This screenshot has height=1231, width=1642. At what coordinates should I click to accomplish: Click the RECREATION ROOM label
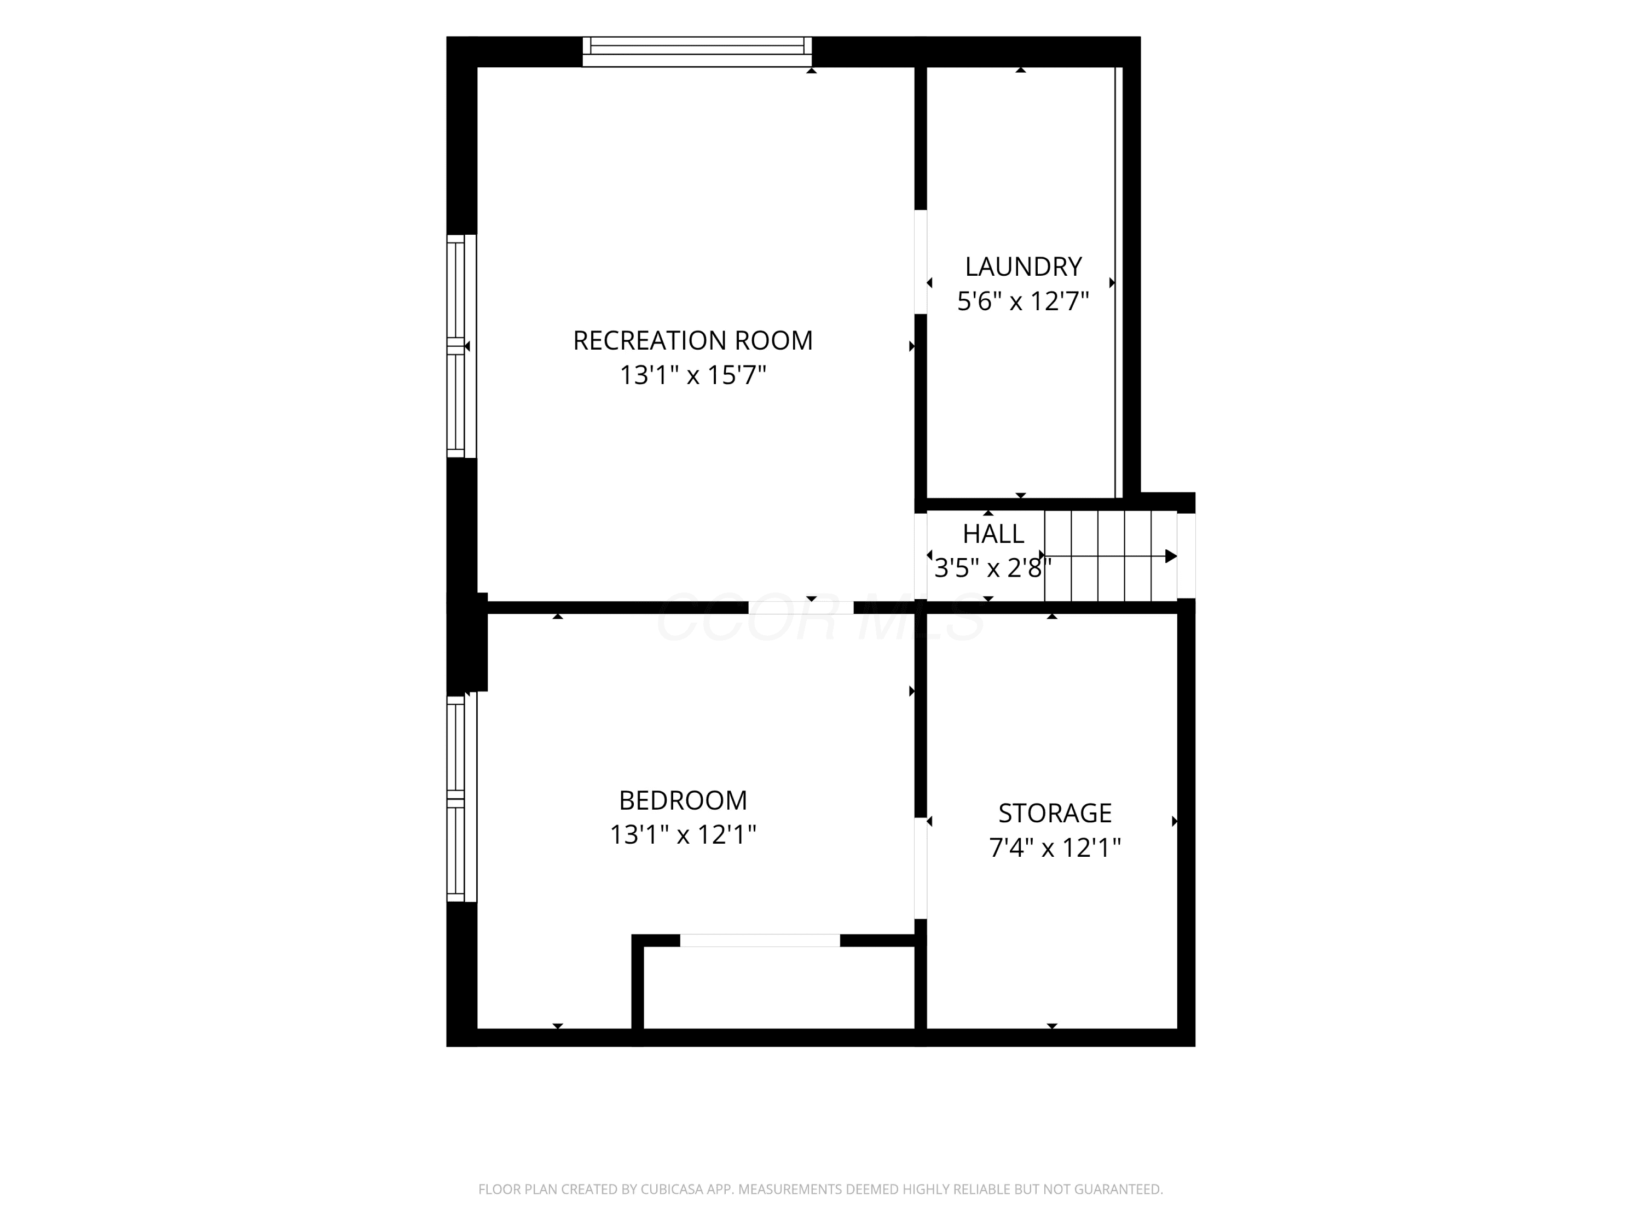click(692, 341)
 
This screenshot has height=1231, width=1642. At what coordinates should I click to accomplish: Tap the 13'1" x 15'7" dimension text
click(692, 375)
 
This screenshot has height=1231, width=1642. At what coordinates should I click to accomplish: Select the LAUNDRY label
click(1023, 266)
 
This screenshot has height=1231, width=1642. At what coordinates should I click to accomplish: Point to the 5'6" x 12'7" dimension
click(1023, 301)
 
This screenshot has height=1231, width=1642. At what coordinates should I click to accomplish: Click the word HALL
click(993, 533)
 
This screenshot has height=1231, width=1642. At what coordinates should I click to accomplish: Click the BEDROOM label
click(683, 800)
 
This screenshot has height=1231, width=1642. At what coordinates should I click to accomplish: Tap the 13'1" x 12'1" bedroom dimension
click(683, 835)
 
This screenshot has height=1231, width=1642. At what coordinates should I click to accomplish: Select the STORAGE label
click(1055, 813)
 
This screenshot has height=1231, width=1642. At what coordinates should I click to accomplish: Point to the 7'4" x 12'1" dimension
click(1055, 847)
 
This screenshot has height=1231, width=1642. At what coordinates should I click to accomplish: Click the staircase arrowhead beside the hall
click(1171, 556)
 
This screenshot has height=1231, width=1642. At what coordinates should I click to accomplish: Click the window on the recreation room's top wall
click(697, 51)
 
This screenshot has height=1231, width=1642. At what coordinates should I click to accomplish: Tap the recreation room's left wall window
click(461, 346)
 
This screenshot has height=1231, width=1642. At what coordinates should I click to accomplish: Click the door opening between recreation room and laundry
click(921, 262)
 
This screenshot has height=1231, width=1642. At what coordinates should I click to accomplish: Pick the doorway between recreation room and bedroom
click(800, 607)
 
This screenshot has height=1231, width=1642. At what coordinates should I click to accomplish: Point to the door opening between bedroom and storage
click(921, 868)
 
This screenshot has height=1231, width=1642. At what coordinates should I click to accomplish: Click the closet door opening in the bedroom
click(760, 940)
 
